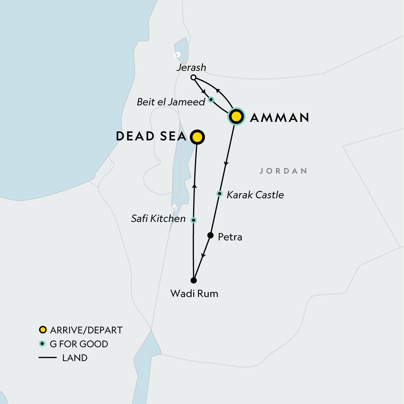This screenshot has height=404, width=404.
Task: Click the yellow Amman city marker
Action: tap(237, 117)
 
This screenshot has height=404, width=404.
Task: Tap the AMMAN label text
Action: tap(280, 117)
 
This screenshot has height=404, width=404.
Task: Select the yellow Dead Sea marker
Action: tap(197, 137)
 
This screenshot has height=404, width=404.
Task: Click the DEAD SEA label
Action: tap(151, 136)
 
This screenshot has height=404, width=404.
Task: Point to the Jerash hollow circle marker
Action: tap(193, 77)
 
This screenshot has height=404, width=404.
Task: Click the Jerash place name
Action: tap(191, 67)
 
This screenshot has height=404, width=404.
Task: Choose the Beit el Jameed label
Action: tap(171, 102)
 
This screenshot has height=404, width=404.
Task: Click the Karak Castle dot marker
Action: tap(220, 194)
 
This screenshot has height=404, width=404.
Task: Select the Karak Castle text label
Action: tap(255, 195)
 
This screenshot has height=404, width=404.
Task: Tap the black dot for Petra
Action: tap(210, 235)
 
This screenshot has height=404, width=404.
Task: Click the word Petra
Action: tap(230, 237)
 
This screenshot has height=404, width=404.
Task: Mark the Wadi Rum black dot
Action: tap(194, 280)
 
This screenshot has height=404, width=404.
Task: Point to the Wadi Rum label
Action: tap(194, 294)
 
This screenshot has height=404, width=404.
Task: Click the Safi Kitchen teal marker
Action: tap(193, 220)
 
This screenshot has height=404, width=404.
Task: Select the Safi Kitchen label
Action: tap(158, 219)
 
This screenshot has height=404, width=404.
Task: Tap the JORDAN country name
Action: tap(283, 171)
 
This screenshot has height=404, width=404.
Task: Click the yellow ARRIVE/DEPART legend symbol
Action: tap(42, 330)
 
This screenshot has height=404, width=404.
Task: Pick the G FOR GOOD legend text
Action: tap(79, 344)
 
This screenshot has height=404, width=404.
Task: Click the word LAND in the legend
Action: tap(75, 358)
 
